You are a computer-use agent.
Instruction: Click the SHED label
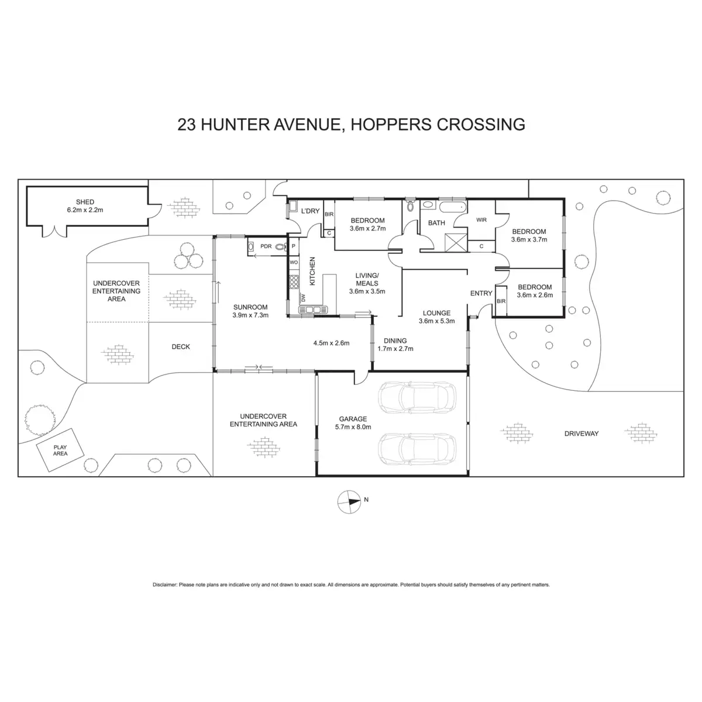81,202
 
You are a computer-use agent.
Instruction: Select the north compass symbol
349,501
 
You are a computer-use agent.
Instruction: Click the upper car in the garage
416,398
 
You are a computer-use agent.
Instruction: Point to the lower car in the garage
416,449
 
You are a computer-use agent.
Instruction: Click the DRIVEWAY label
581,433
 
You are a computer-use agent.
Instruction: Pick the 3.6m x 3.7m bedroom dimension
528,239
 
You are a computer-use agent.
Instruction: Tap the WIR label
481,220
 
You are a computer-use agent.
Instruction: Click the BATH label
436,223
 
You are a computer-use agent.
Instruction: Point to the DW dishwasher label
303,297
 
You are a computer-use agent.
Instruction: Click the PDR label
266,247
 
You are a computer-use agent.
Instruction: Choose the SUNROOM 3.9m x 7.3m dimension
250,315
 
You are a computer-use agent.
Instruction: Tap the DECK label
181,347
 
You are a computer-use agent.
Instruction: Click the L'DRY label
310,211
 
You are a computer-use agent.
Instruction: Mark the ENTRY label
481,293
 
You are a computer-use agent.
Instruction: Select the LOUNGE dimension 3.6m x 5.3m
436,321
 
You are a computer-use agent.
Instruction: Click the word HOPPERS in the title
387,124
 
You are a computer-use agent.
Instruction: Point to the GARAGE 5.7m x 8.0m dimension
353,427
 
